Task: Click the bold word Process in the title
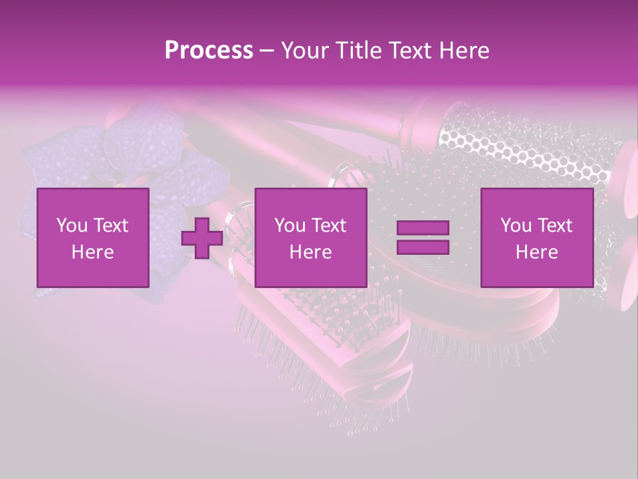pos(209,51)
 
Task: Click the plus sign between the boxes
pos(202,238)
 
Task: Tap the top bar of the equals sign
pos(423,228)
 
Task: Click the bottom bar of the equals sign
pos(423,247)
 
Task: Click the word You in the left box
pos(71,226)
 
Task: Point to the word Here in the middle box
pos(310,252)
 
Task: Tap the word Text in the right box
pos(555,226)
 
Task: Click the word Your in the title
pos(304,51)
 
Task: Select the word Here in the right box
pos(536,252)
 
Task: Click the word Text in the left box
pos(111,226)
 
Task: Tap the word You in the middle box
pos(289,226)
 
